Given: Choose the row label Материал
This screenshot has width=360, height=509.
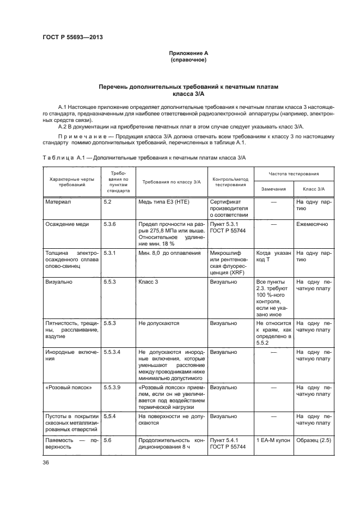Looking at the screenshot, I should point(58,201).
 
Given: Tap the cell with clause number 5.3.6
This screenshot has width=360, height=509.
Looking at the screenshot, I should point(111,224).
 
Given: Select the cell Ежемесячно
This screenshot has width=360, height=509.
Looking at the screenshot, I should point(310,224).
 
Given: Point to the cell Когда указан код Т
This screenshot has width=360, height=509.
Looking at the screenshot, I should point(273,256).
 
